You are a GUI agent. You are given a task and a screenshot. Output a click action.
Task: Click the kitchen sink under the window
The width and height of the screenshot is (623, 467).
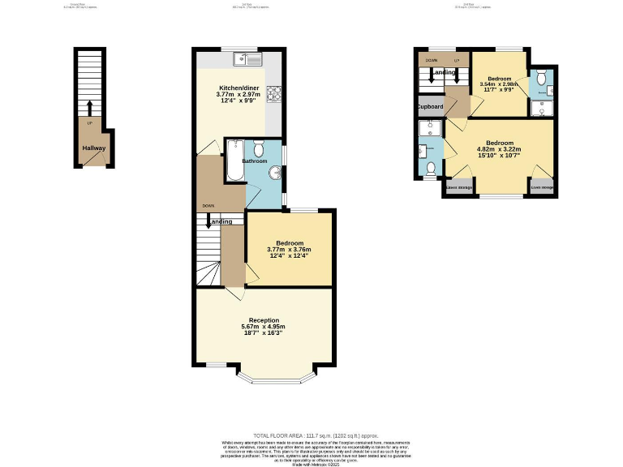(247, 58)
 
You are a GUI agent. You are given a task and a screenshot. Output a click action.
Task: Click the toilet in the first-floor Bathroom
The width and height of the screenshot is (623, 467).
(259, 149)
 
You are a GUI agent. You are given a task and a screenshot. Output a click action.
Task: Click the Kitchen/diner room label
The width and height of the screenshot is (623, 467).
(238, 88)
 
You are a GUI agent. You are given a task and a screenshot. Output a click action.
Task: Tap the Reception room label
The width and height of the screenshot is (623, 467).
(264, 319)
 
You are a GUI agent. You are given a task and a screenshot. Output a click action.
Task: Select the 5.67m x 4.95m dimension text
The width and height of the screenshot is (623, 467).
(264, 327)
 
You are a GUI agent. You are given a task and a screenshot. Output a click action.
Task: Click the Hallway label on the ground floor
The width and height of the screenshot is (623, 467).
(89, 148)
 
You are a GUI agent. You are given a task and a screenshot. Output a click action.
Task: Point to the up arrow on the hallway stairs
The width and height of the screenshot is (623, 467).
(89, 108)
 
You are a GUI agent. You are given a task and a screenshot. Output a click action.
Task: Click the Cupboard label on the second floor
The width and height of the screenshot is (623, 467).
(430, 107)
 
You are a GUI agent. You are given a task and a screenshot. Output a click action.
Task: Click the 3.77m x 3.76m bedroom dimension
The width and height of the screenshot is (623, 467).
(289, 250)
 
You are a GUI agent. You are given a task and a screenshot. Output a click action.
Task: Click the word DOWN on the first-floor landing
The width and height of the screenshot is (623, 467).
(208, 206)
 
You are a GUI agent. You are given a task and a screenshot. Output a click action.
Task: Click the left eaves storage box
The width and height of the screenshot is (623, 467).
(459, 187)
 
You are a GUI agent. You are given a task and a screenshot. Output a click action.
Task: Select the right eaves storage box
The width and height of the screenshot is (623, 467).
(542, 188)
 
